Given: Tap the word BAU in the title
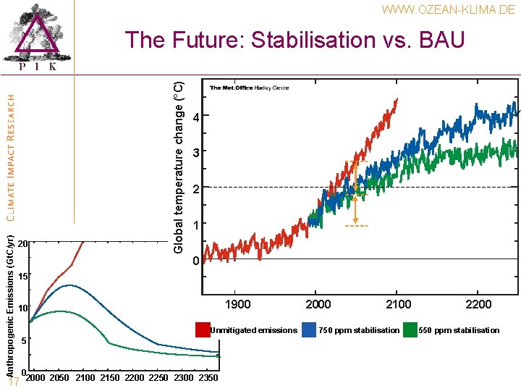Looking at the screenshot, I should pyautogui.click(x=439, y=40).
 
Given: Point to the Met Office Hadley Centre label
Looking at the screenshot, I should pyautogui.click(x=249, y=88).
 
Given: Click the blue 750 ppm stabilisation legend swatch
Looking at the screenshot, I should pyautogui.click(x=310, y=330).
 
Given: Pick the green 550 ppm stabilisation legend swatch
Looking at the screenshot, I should pyautogui.click(x=410, y=330).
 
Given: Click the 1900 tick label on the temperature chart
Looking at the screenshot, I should pyautogui.click(x=238, y=304).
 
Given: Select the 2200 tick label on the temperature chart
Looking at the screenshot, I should pyautogui.click(x=478, y=304).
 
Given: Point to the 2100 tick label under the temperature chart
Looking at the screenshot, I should pyautogui.click(x=399, y=304).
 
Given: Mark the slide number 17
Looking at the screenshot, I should pyautogui.click(x=12, y=383).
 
